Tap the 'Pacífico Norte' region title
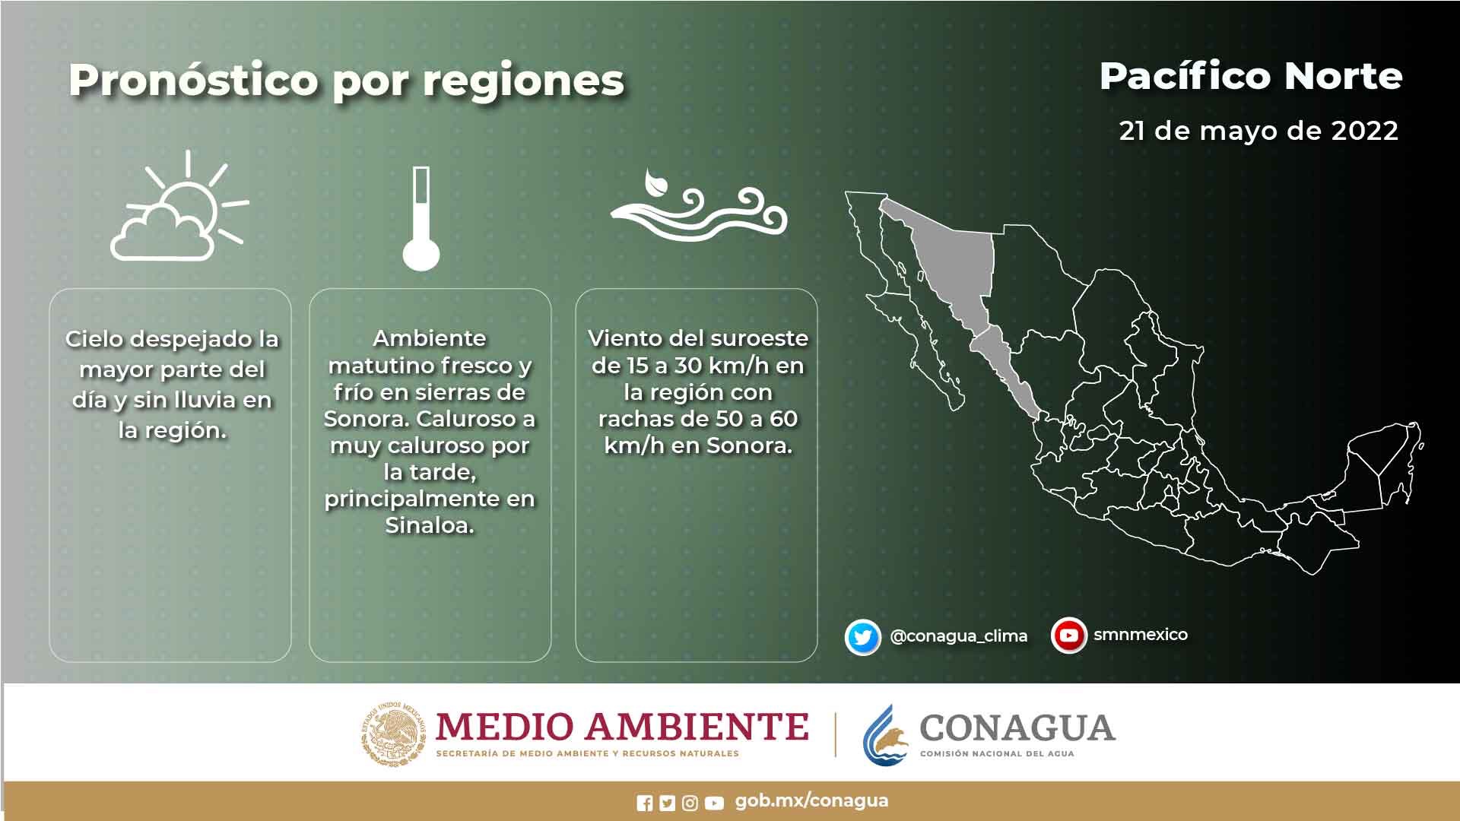tap(1251, 76)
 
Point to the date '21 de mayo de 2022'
tap(1258, 131)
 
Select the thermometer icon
tap(421, 219)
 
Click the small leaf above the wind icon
tap(654, 183)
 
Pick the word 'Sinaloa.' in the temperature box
tap(430, 525)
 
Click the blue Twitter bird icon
tap(863, 637)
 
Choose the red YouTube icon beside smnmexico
tap(1069, 636)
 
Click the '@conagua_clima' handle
tap(958, 636)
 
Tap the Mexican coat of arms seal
tap(393, 733)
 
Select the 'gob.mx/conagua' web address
tap(811, 801)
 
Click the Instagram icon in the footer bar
tap(690, 803)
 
